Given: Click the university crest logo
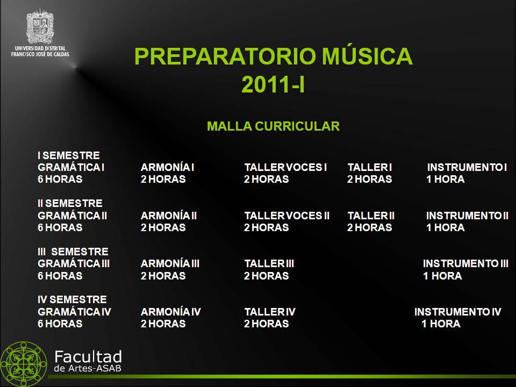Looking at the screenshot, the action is coord(40,26).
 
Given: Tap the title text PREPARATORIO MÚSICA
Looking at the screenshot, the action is coord(273,56).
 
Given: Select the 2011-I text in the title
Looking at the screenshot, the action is coord(273,84).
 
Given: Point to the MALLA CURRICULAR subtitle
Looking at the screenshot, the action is coord(273,126).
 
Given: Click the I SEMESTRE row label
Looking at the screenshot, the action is coord(68,155).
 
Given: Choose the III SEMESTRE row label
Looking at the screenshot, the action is coord(73,252).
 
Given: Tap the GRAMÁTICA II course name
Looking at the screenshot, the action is coord(73,216).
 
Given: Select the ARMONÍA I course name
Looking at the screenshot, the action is coord(167,167).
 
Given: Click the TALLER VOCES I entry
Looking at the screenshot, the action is coord(285,167).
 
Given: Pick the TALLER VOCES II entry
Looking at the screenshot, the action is coord(286,216).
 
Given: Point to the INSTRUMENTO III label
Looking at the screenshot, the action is coord(465,263).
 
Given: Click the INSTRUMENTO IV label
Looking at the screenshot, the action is coord(458,312).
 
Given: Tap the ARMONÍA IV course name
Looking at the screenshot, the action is coord(170,312).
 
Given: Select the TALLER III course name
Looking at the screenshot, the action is coord(269,263).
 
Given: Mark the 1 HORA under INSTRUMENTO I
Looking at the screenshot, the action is coord(446,179).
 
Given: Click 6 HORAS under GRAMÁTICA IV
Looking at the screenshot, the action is coord(60,324).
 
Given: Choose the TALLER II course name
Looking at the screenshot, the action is coord(371,216).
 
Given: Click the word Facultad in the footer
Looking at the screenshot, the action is coord(88,357).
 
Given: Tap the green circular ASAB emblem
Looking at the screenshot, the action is coord(23,364).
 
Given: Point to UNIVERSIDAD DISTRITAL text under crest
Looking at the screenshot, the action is coord(40,48).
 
